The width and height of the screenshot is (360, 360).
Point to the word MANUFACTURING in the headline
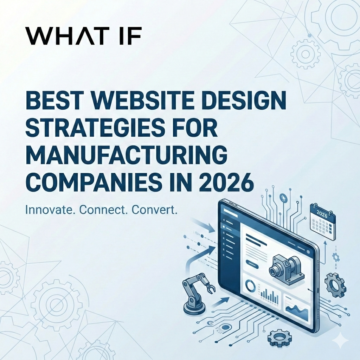click(126, 155)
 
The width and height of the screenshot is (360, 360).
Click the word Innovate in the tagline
click(51, 210)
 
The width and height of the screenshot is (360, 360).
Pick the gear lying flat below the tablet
click(279, 339)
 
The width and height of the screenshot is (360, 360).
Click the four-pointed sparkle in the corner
click(341, 340)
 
